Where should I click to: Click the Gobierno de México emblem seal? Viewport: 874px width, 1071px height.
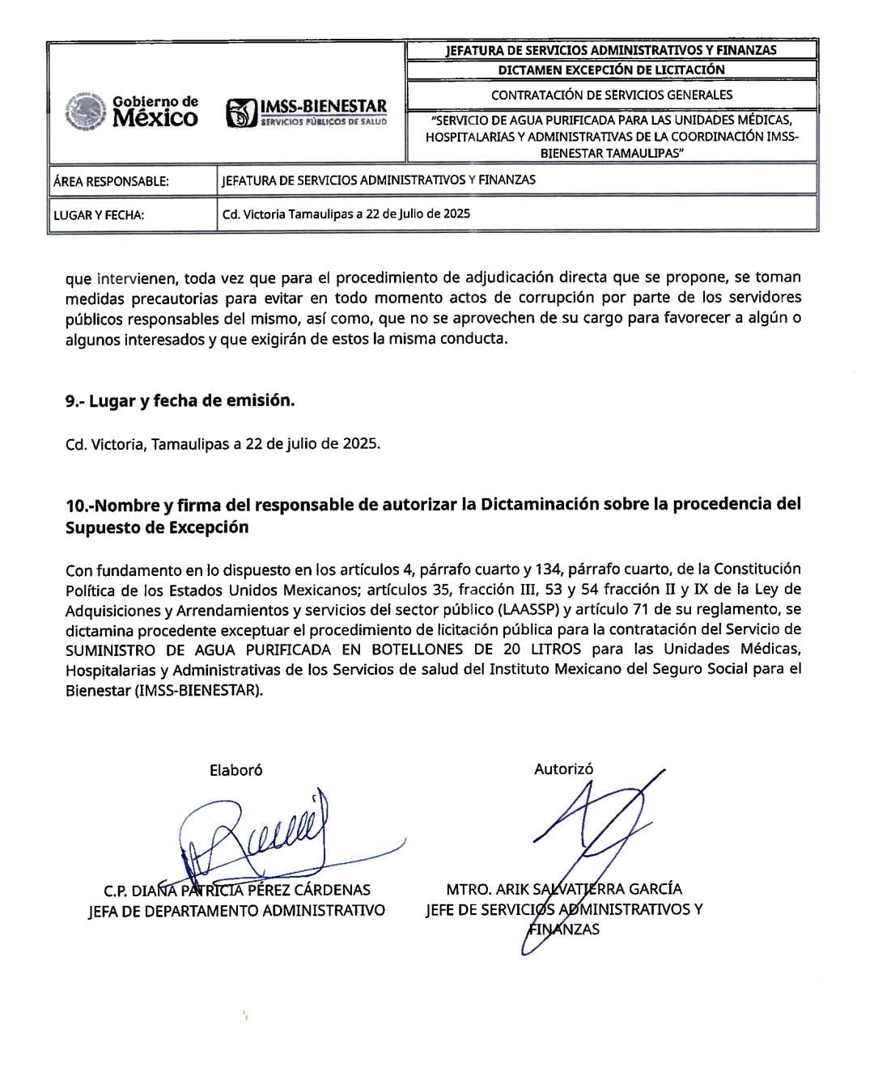coord(86,112)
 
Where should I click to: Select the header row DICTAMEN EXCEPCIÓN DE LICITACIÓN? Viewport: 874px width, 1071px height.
coord(611,70)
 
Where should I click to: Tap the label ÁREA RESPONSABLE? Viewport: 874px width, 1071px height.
coord(111,181)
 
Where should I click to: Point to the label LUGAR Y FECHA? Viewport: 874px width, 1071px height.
coord(99,215)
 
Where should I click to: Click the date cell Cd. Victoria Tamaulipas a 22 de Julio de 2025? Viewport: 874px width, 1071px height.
coord(346,214)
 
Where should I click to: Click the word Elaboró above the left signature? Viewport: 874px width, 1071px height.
coord(235,770)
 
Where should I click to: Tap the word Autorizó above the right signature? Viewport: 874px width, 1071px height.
coord(563,769)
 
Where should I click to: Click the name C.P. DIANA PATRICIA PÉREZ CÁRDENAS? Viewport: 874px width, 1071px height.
coord(237,890)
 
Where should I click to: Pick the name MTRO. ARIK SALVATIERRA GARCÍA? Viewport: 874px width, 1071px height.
coord(564,889)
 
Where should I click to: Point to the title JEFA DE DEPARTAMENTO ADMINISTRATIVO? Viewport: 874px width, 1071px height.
coord(236,910)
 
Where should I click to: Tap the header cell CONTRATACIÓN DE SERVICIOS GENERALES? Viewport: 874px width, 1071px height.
coord(611,95)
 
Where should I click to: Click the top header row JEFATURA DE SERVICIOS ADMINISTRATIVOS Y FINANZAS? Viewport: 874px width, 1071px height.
coord(611,50)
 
